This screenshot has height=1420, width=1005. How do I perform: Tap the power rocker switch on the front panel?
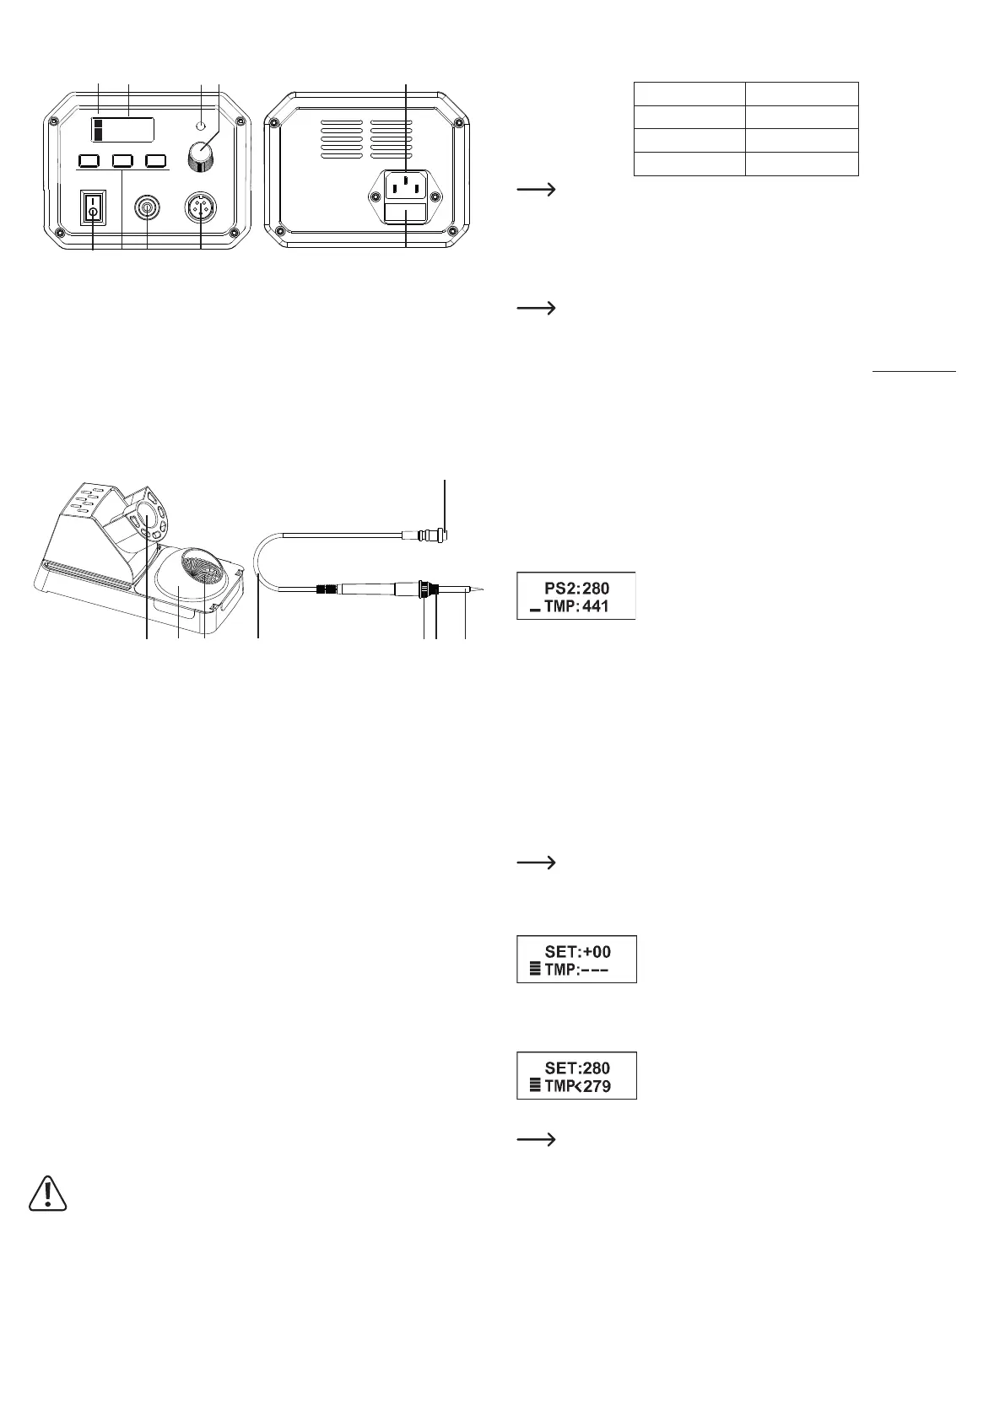pos(93,207)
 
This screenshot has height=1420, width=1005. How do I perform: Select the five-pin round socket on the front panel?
pos(201,207)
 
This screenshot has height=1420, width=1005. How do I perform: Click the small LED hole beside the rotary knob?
pos(201,126)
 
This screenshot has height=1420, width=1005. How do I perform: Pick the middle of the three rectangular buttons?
pos(123,160)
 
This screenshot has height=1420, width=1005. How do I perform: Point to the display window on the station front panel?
pos(123,130)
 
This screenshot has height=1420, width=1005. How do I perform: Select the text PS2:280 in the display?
pos(577,587)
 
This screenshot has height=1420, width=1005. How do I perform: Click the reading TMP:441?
pos(577,605)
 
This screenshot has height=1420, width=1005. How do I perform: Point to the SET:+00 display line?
pos(577,951)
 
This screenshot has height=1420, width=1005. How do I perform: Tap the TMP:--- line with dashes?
pos(577,970)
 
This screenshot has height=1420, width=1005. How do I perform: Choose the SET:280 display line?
pos(577,1068)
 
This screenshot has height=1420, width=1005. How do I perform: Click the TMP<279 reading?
pos(577,1086)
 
